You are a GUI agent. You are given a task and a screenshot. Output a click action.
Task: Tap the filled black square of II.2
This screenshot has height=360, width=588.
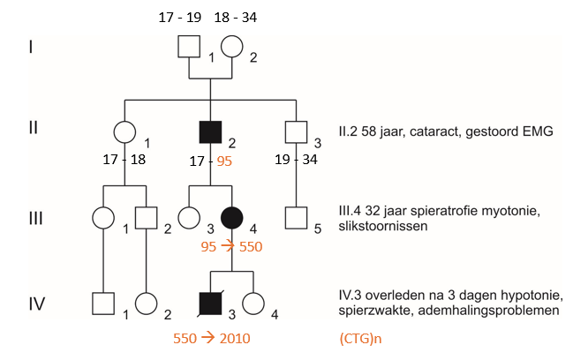[x=210, y=132]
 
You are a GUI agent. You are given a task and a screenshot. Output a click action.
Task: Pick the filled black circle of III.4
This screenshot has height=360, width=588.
[x=231, y=218]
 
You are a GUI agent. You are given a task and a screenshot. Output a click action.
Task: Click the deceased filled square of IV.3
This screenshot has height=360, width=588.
[x=210, y=304]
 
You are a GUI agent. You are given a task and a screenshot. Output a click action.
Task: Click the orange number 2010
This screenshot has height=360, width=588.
[x=235, y=338]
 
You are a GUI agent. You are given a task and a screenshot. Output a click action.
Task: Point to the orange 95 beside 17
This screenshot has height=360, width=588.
[x=224, y=161]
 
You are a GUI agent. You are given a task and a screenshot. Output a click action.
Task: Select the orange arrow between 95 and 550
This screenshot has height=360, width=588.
[x=228, y=246]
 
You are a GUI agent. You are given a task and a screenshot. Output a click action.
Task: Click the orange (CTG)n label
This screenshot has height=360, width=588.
[x=360, y=339]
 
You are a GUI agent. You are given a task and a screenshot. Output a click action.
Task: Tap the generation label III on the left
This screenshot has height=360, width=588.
[x=36, y=218]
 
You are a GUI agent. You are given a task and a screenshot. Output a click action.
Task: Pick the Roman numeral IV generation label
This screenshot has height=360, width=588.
[x=37, y=304]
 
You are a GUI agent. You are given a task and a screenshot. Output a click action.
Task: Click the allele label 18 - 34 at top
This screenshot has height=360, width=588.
[x=236, y=18]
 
